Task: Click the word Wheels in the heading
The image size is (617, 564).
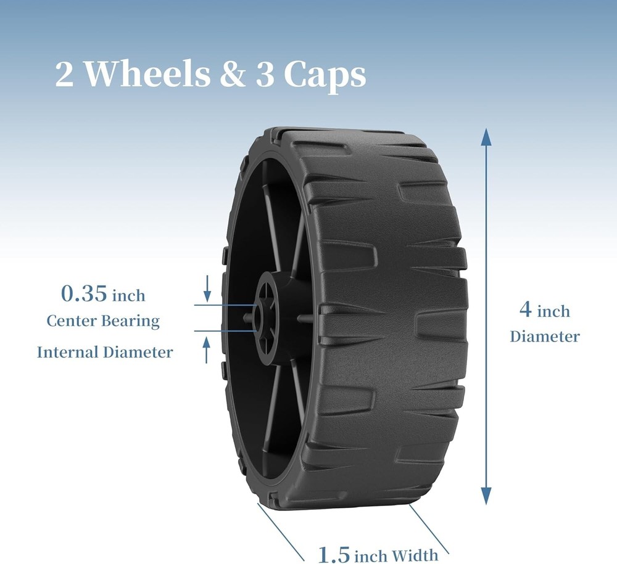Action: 147,73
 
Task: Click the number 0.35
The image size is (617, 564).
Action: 84,293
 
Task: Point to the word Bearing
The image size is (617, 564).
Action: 131,322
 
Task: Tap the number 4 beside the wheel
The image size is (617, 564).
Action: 526,309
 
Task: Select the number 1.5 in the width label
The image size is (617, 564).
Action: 333,554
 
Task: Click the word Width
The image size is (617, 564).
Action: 415,555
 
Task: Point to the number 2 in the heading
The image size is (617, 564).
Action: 64,75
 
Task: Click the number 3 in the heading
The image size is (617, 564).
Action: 265,75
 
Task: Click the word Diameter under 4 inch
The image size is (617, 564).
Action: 545,337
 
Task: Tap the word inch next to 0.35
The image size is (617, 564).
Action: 129,295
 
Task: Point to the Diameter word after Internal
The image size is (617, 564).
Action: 138,352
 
